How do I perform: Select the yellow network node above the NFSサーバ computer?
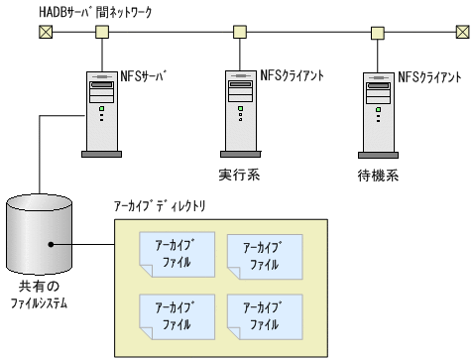coord(101,31)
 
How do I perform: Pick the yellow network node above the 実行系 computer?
coord(238,31)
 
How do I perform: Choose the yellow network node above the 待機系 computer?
coord(377,31)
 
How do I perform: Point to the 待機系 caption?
coord(377,175)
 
